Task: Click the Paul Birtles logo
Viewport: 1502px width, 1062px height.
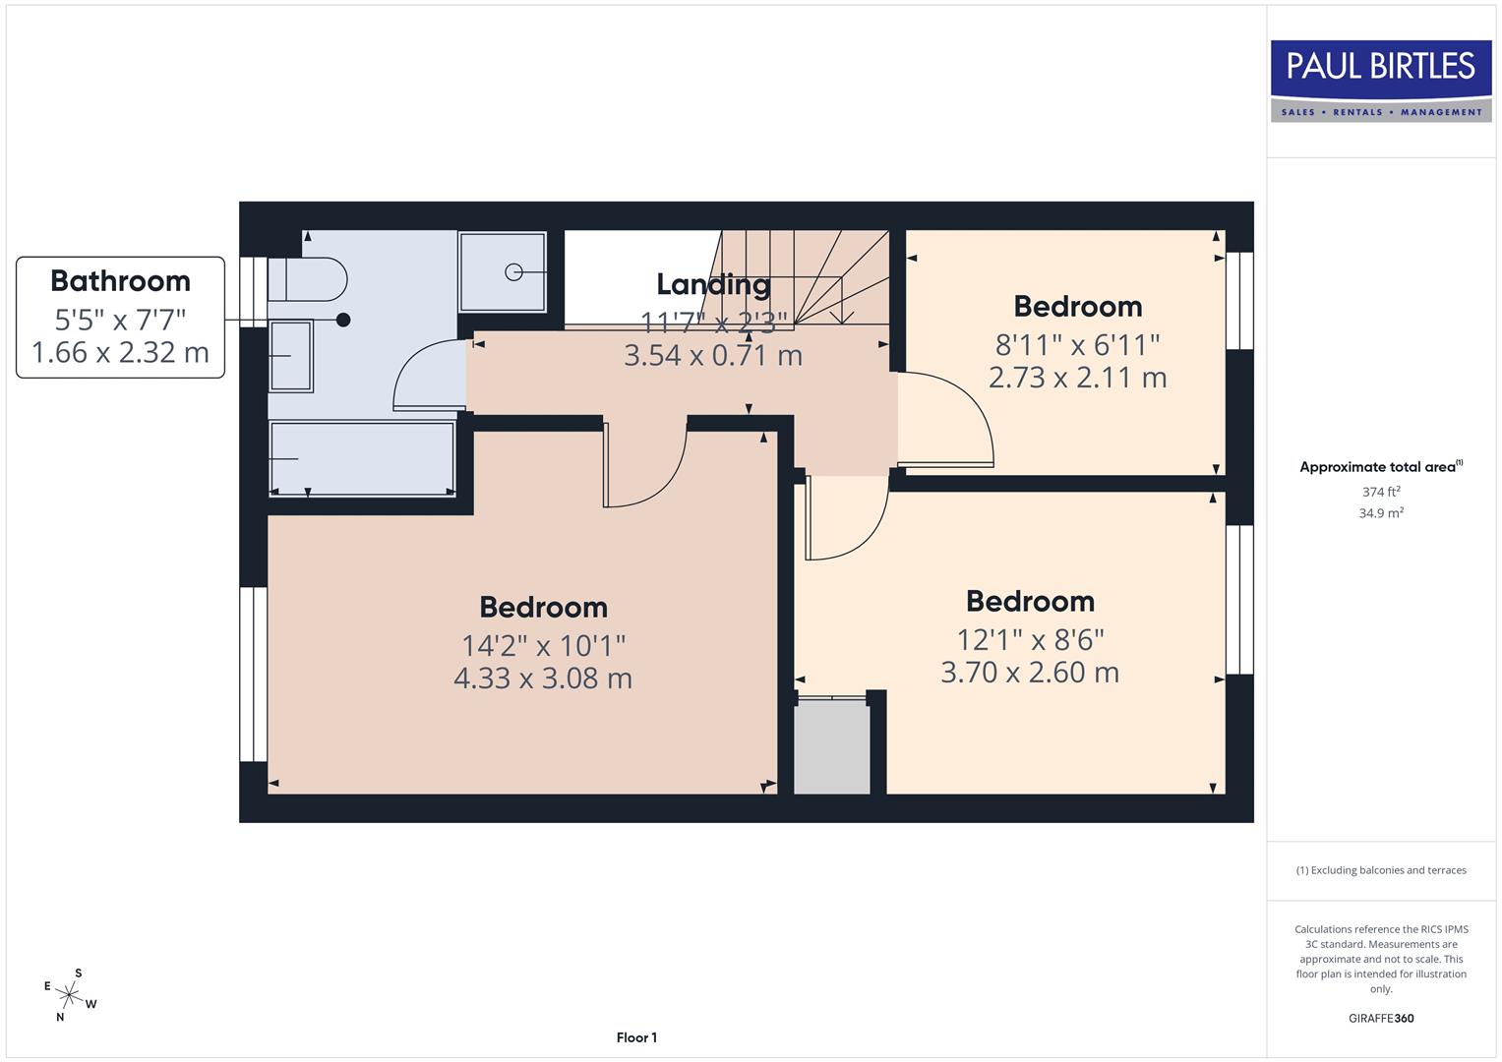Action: click(x=1380, y=81)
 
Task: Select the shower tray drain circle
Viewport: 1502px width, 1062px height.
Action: click(x=513, y=271)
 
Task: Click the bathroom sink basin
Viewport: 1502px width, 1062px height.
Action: click(x=291, y=356)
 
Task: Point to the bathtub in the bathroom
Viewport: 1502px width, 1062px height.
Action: click(x=362, y=458)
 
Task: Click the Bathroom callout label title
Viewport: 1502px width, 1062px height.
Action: click(x=120, y=281)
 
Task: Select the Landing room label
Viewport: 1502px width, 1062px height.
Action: click(x=713, y=284)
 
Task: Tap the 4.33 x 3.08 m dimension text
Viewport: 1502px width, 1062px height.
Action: click(x=542, y=678)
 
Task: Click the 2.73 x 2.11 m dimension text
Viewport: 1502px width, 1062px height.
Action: click(x=1077, y=378)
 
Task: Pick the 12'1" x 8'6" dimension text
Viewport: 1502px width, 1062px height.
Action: click(x=1030, y=640)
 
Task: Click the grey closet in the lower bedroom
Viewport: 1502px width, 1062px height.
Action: click(x=831, y=746)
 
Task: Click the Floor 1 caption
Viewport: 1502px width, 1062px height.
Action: click(x=636, y=1037)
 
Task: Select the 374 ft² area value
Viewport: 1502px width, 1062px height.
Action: click(x=1380, y=492)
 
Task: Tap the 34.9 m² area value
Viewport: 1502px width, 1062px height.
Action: click(x=1380, y=513)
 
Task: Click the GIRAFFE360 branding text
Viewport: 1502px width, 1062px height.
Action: click(x=1380, y=1019)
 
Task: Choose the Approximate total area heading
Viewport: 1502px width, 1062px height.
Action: click(x=1380, y=467)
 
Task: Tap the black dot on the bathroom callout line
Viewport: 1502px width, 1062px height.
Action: click(x=343, y=320)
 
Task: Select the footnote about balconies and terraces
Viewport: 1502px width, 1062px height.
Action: click(x=1380, y=870)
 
